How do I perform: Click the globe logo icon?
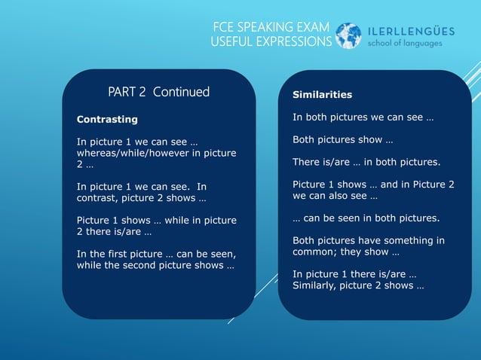click(x=348, y=35)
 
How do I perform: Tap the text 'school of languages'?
click(x=404, y=43)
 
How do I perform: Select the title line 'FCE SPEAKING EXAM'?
click(x=271, y=28)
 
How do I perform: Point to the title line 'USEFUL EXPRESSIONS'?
click(x=271, y=41)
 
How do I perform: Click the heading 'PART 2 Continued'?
click(x=158, y=92)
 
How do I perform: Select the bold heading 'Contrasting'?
click(x=107, y=119)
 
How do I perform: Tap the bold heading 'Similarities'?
click(x=322, y=95)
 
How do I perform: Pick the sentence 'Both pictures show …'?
click(x=342, y=139)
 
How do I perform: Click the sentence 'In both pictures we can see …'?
click(x=363, y=117)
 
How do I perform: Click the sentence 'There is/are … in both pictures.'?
click(x=366, y=162)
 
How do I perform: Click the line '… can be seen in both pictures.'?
click(x=366, y=218)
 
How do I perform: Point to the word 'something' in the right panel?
click(x=405, y=240)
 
